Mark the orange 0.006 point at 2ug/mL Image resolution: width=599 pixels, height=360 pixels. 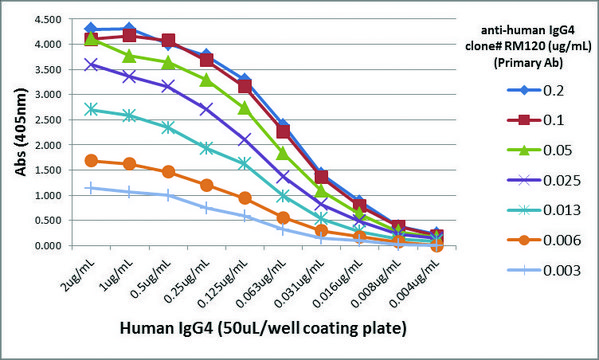coord(92,160)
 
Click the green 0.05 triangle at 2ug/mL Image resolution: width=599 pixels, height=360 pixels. coord(92,38)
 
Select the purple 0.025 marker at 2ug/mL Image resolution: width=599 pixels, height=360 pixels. coord(92,64)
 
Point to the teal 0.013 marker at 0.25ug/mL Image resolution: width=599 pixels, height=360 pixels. coord(205,148)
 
